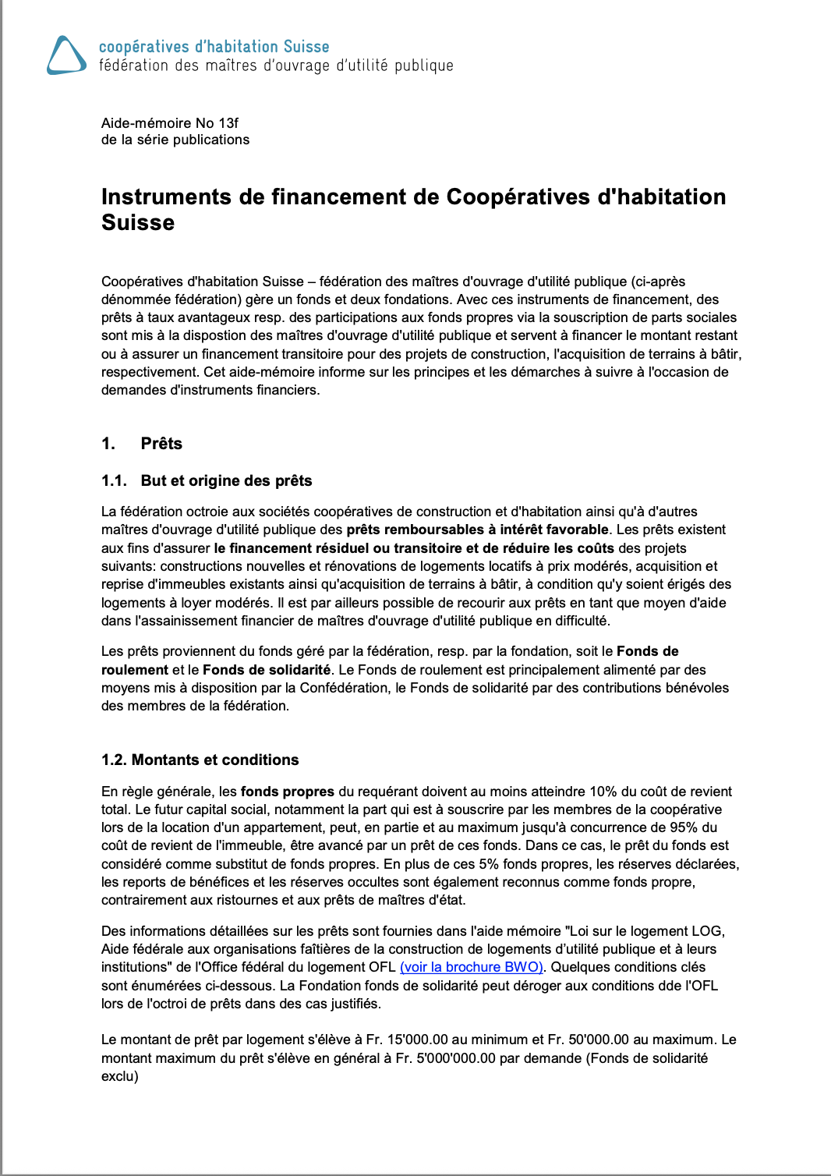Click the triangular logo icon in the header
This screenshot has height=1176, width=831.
point(66,55)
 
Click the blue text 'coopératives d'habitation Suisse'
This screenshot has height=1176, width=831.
point(214,47)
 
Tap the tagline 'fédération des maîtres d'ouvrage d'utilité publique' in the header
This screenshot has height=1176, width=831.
point(276,66)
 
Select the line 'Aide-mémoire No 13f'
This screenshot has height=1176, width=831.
point(170,123)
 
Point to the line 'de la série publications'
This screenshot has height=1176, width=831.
point(175,140)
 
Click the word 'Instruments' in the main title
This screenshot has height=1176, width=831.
point(167,197)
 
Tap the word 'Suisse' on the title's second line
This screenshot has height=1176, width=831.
point(138,223)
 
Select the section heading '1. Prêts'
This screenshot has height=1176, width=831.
point(142,444)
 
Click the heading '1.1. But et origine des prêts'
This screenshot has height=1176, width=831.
point(207,480)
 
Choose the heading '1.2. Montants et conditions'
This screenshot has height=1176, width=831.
point(200,760)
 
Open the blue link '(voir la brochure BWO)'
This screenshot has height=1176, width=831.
point(471,967)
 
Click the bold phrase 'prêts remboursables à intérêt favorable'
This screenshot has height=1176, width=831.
point(477,530)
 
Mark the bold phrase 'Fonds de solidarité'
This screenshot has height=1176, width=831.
point(267,670)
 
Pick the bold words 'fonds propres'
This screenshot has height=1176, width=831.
point(288,792)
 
